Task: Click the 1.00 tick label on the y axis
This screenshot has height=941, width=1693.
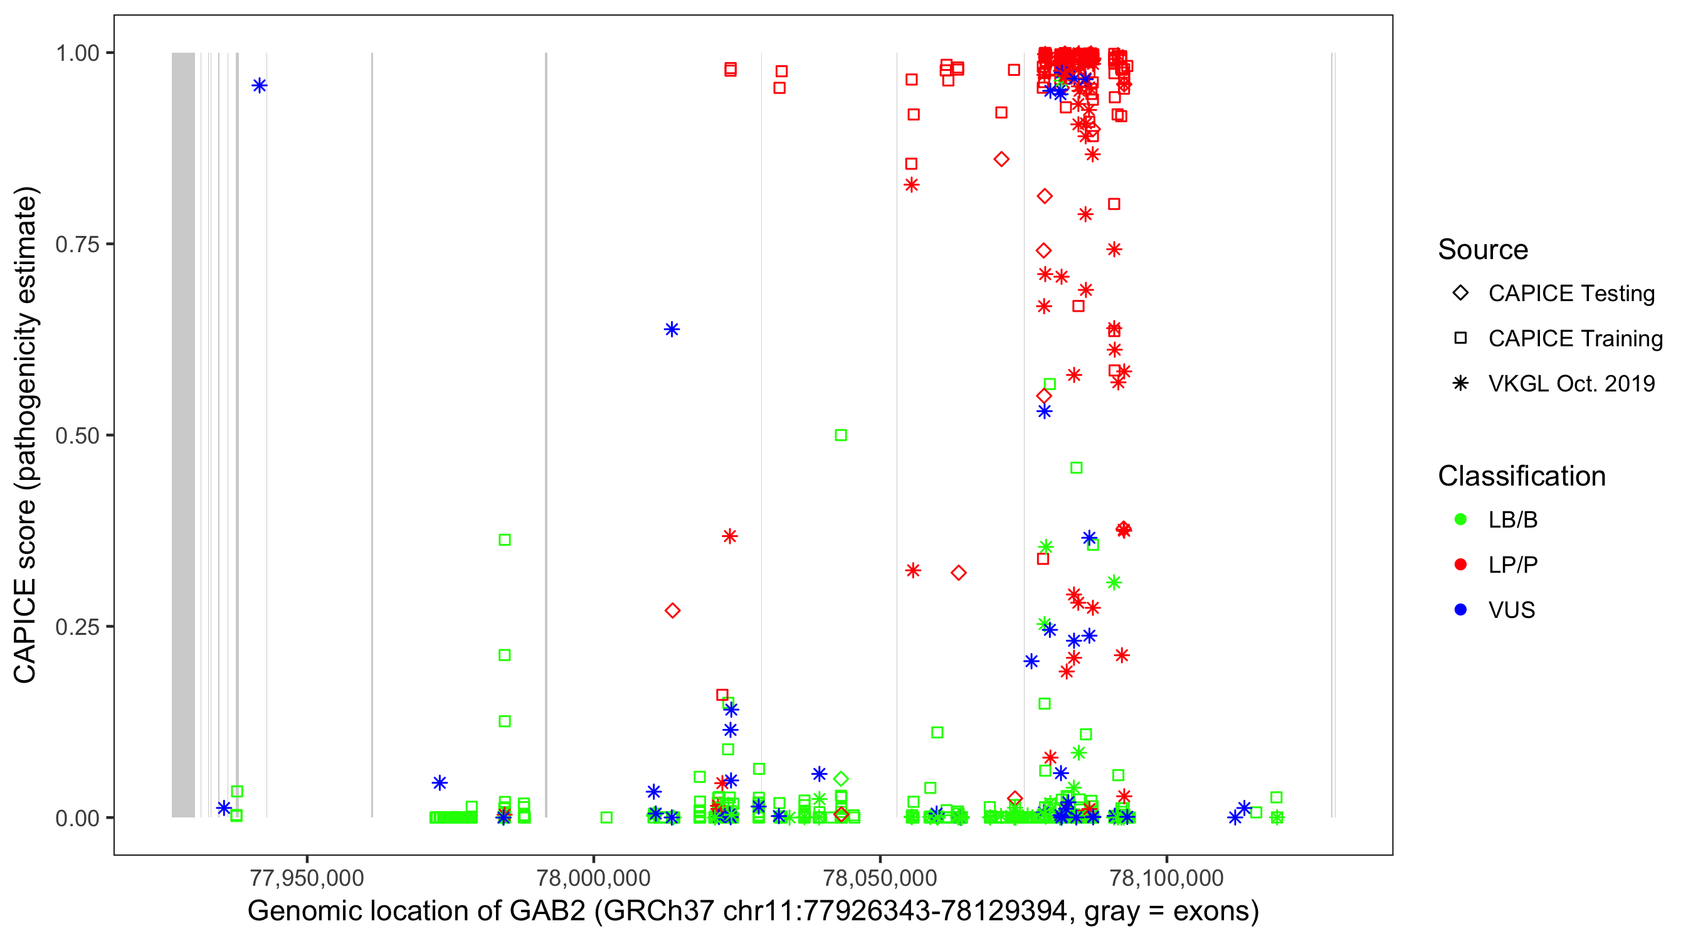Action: tap(77, 53)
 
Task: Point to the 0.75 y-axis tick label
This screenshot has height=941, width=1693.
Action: tap(77, 245)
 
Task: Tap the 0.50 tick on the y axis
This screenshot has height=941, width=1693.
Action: tap(77, 436)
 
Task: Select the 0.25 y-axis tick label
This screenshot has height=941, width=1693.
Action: tap(77, 627)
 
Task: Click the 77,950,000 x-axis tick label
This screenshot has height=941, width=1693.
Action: tap(307, 878)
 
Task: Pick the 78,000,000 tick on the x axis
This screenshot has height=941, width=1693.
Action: tap(593, 878)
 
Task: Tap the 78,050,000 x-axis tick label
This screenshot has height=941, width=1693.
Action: tap(880, 878)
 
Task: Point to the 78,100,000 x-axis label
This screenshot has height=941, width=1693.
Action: tap(1166, 878)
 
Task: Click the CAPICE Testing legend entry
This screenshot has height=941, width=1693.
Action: tap(1571, 294)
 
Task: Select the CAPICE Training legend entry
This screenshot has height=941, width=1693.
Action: tap(1574, 339)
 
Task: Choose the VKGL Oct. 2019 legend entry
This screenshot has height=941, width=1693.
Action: tap(1571, 383)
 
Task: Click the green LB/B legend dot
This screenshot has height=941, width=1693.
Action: tap(1460, 519)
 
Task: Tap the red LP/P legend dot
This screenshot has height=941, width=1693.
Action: tap(1460, 565)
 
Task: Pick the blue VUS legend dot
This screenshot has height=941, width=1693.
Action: tap(1460, 610)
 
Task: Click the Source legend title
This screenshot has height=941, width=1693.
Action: tap(1483, 250)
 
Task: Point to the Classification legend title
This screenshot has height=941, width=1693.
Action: tap(1521, 476)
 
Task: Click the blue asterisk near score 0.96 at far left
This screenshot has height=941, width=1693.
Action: tap(260, 85)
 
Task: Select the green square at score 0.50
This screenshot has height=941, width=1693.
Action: tap(841, 435)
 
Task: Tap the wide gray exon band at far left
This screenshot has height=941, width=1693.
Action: tap(183, 434)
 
